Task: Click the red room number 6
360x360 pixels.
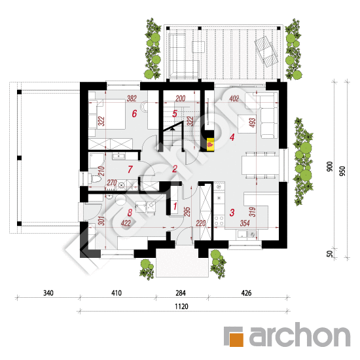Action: (134, 113)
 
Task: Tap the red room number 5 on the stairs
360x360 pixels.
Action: (175, 113)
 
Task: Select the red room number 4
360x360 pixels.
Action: (232, 137)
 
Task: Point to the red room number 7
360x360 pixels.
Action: (130, 170)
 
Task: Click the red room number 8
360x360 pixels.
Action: (130, 213)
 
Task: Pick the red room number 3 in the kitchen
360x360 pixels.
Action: (232, 213)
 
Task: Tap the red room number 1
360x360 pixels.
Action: (175, 206)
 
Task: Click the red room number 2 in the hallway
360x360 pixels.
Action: (175, 169)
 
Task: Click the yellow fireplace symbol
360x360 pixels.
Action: (210, 145)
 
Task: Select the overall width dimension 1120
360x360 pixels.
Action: (181, 306)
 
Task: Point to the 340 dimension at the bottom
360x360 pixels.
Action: (48, 293)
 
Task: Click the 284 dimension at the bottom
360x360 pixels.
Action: (181, 293)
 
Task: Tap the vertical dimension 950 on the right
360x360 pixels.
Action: (342, 171)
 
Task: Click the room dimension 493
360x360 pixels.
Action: (252, 122)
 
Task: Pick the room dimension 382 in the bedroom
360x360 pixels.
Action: (132, 98)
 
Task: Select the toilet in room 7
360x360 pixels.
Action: (96, 179)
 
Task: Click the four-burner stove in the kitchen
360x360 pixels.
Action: (219, 220)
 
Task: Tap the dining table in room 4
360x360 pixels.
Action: (261, 165)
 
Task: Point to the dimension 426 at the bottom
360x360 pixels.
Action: (246, 293)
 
